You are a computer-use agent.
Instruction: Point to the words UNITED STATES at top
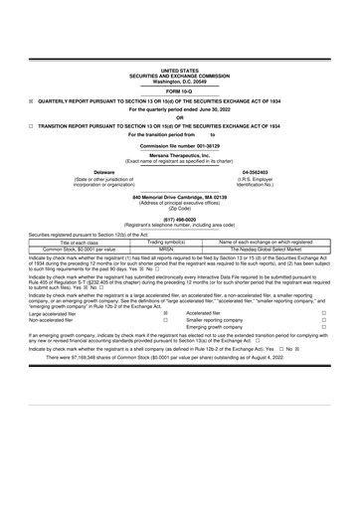[180, 72]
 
